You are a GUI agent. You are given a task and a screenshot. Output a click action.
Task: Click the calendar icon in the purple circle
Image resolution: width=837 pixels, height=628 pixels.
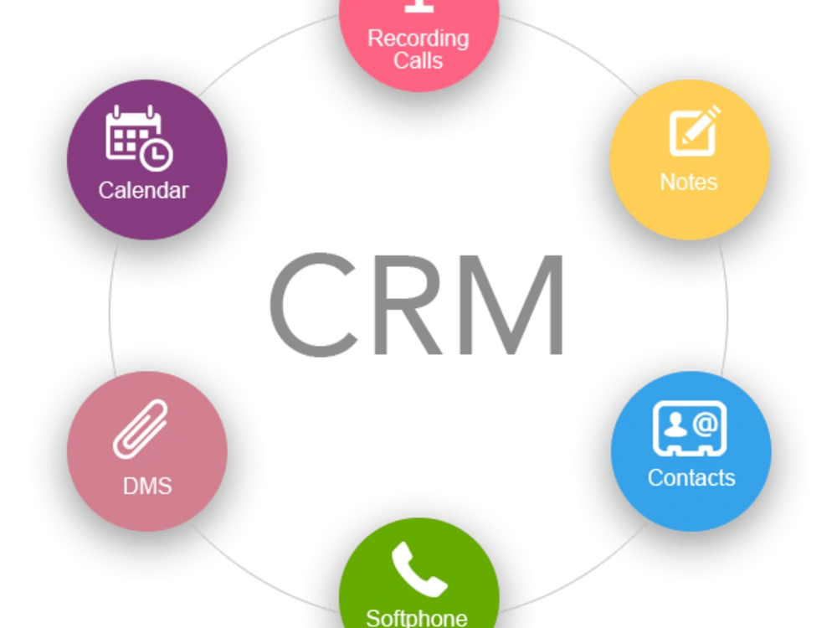pyautogui.click(x=139, y=138)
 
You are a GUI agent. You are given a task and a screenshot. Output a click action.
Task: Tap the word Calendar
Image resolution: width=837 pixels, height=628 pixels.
pyautogui.click(x=144, y=191)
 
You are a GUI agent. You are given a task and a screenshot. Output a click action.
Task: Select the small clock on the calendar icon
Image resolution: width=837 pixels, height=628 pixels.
pyautogui.click(x=156, y=155)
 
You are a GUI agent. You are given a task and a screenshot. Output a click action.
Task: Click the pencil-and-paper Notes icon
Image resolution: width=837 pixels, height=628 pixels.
pyautogui.click(x=695, y=131)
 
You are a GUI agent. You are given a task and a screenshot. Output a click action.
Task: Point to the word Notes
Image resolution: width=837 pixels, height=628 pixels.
pyautogui.click(x=689, y=182)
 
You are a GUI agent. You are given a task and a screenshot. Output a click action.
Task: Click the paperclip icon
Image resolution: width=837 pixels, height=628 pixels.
pyautogui.click(x=141, y=429)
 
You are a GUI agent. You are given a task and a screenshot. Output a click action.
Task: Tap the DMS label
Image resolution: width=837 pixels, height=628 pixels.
pyautogui.click(x=147, y=486)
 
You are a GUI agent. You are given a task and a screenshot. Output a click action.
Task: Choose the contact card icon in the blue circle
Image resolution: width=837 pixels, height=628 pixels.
pyautogui.click(x=690, y=428)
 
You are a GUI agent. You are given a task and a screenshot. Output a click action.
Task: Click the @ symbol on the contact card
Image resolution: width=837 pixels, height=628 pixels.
pyautogui.click(x=706, y=425)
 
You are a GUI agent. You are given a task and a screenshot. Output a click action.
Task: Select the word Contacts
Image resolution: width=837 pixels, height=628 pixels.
pyautogui.click(x=691, y=478)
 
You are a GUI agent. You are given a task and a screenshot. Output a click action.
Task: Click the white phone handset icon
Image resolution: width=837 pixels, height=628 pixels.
pyautogui.click(x=419, y=569)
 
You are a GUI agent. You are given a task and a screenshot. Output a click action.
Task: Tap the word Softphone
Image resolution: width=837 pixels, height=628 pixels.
pyautogui.click(x=417, y=619)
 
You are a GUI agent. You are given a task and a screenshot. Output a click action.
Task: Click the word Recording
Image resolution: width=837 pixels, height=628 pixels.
pyautogui.click(x=418, y=39)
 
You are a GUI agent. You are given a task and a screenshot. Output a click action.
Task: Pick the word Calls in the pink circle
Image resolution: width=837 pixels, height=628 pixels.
pyautogui.click(x=418, y=60)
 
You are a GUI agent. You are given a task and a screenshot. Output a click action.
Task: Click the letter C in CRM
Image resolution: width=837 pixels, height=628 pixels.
pyautogui.click(x=313, y=305)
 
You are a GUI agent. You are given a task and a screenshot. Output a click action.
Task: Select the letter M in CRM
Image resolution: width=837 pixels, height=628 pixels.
pyautogui.click(x=511, y=305)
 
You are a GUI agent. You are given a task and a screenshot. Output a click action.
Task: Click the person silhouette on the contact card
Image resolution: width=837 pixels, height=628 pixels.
pyautogui.click(x=675, y=425)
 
